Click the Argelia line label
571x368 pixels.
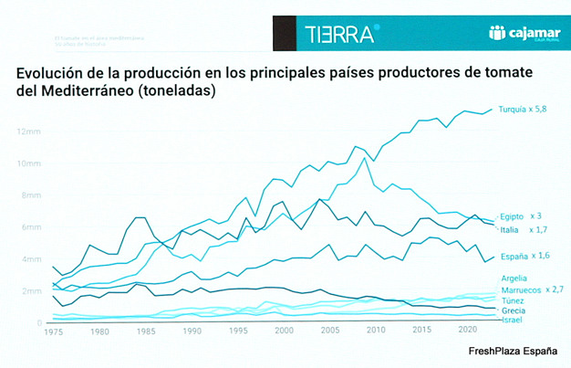514,278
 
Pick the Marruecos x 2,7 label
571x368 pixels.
528,289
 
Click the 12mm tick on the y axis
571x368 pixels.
28,131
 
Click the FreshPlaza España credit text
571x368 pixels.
513,352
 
